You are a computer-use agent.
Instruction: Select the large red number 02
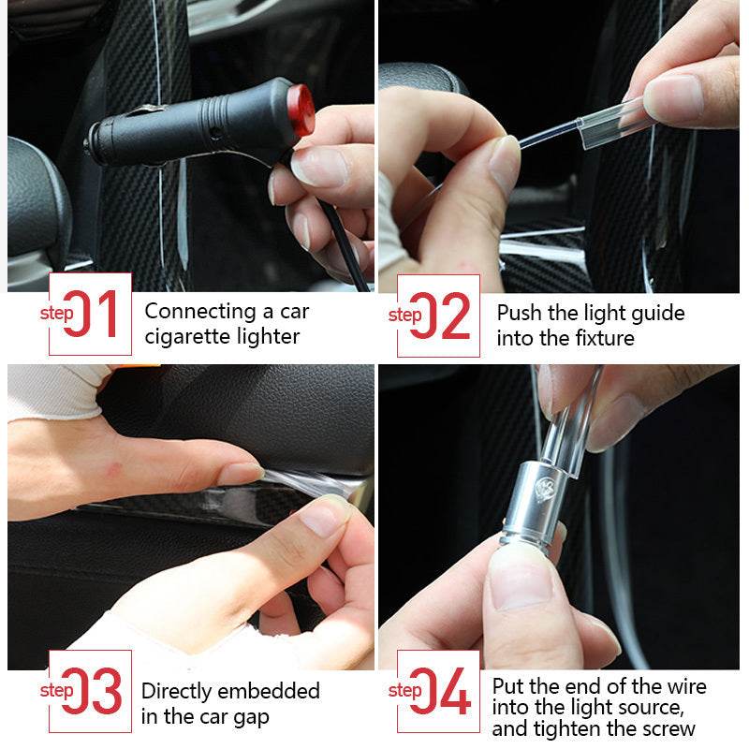click(x=441, y=316)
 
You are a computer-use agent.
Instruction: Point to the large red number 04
click(x=441, y=692)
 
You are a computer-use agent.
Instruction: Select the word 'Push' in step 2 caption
click(x=518, y=313)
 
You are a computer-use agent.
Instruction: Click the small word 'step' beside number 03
click(x=56, y=691)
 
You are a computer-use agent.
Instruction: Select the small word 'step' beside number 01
click(x=56, y=313)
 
